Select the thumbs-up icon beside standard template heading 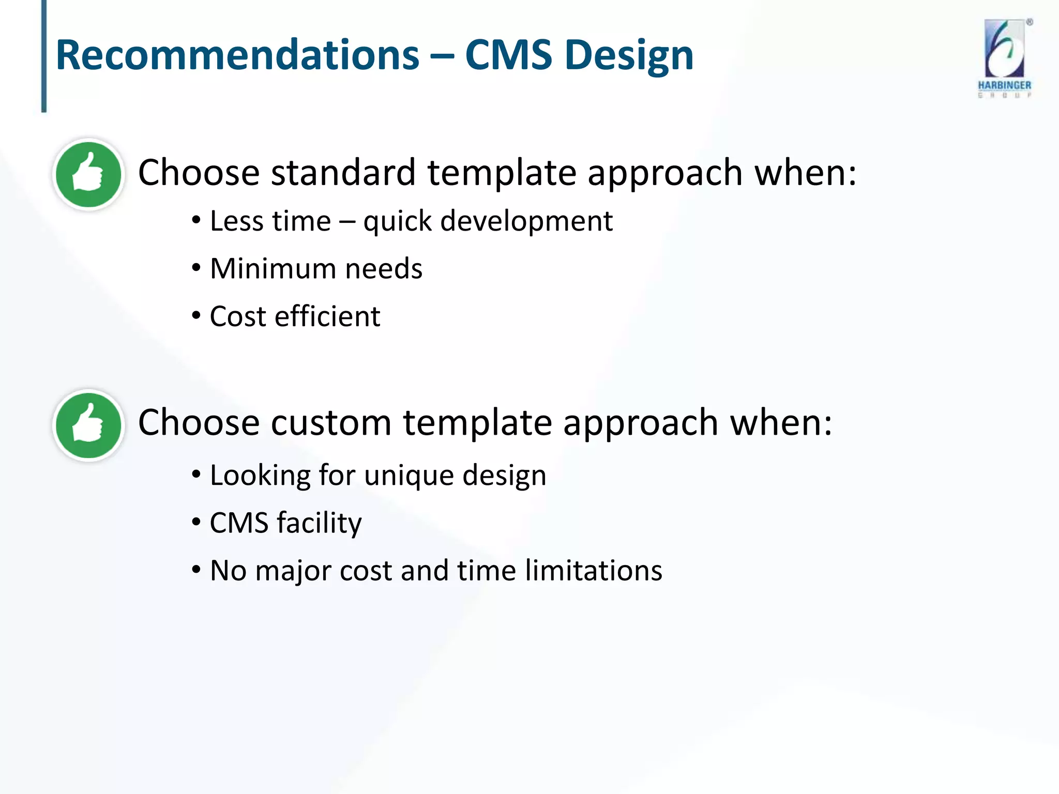pyautogui.click(x=88, y=174)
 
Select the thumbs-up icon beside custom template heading pyautogui.click(x=88, y=425)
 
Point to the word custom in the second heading pyautogui.click(x=331, y=422)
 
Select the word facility pyautogui.click(x=319, y=523)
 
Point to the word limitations pyautogui.click(x=593, y=571)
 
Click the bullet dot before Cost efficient pyautogui.click(x=196, y=315)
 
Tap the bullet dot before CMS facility pyautogui.click(x=196, y=522)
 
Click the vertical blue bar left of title pyautogui.click(x=44, y=56)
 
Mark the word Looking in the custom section pyautogui.click(x=260, y=476)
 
